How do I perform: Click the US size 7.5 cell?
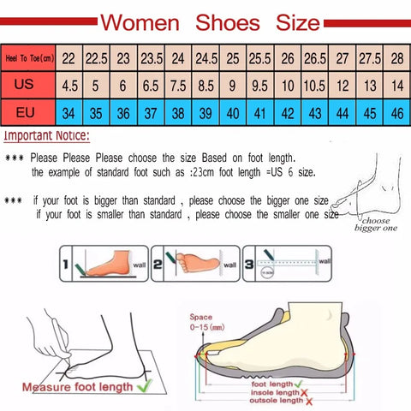pos(179,85)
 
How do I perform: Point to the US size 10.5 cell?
pos(314,85)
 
